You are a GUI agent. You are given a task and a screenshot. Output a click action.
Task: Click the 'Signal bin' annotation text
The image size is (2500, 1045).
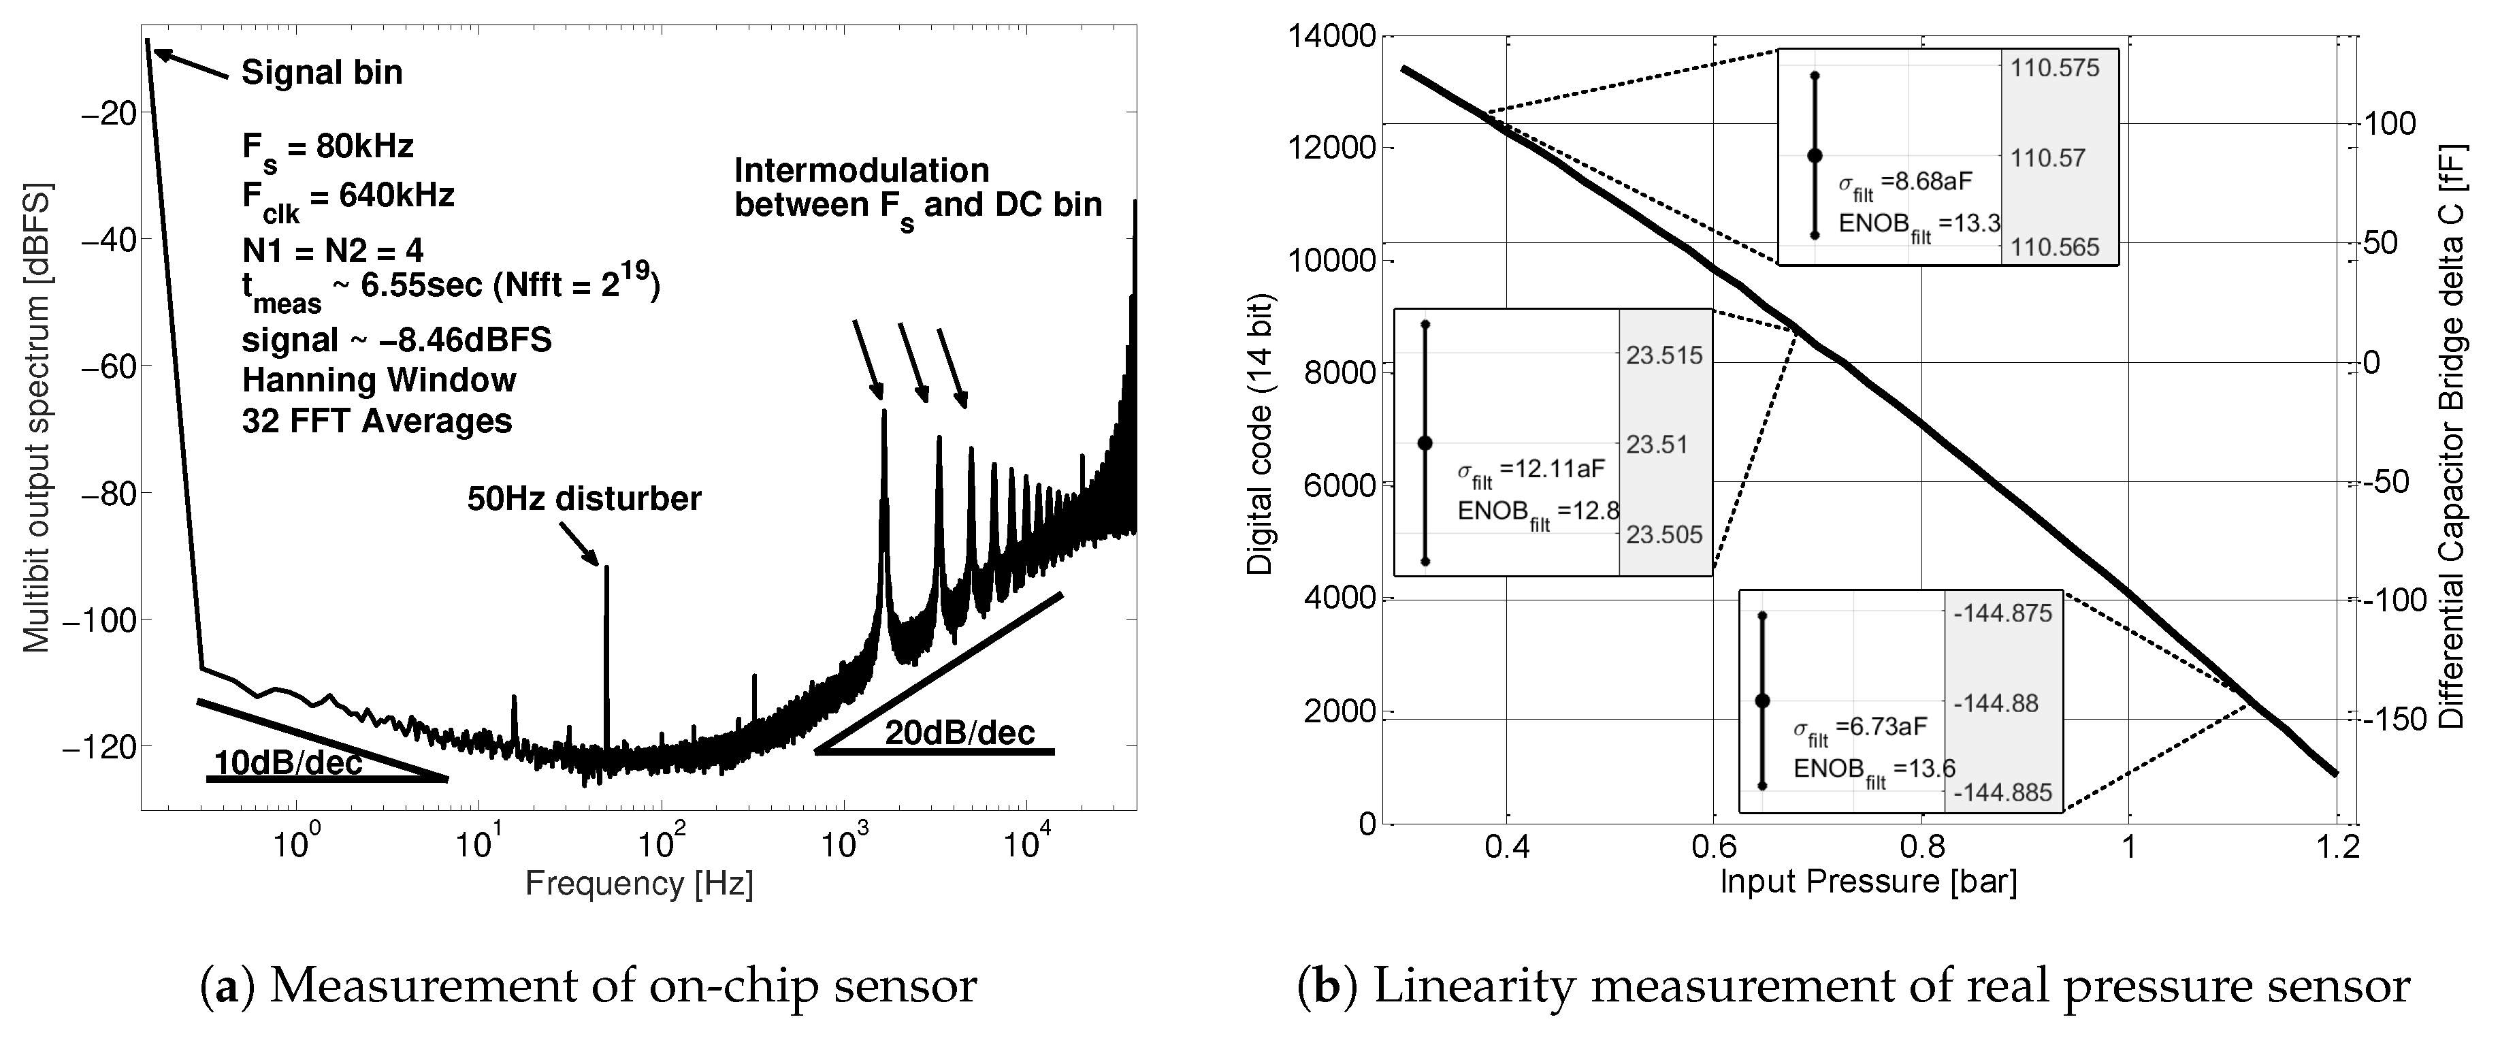[x=321, y=73]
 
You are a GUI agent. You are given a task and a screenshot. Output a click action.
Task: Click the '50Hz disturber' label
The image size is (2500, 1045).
[x=584, y=499]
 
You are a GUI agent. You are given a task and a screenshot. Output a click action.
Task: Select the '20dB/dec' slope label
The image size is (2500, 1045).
[x=959, y=733]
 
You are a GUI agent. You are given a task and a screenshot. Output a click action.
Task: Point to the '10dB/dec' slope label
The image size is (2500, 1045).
[x=287, y=764]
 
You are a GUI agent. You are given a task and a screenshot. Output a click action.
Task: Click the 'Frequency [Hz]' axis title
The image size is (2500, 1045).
[x=638, y=884]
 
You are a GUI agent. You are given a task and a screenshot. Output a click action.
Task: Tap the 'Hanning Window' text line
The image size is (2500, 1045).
[x=378, y=381]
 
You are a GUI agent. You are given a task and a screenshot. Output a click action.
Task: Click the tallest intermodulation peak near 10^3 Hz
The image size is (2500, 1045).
[x=883, y=413]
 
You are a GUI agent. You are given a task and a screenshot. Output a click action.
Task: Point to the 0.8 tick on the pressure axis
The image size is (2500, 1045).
[x=1921, y=847]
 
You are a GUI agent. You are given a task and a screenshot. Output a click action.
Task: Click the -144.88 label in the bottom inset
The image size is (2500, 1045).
[x=2002, y=703]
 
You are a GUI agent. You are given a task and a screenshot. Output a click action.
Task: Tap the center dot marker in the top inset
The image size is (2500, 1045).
[x=1814, y=155]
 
